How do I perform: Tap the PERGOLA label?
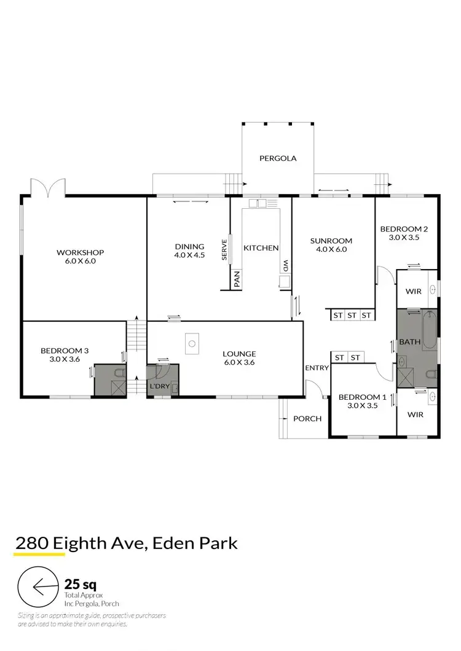click(278, 158)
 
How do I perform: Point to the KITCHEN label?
click(261, 248)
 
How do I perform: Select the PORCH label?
click(307, 419)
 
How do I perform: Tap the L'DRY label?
click(159, 389)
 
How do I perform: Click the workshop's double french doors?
click(48, 187)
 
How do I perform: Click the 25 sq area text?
click(81, 583)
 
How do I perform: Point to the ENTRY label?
click(317, 368)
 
